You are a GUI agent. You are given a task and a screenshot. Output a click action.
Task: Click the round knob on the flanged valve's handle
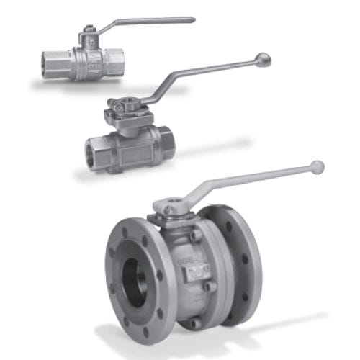[317, 167]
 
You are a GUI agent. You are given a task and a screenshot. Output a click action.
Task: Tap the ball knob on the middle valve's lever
[263, 59]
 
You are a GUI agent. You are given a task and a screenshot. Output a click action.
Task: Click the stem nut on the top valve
[87, 30]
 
